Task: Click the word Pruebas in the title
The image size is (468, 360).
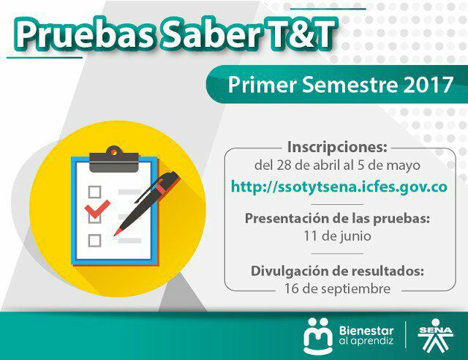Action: (84, 35)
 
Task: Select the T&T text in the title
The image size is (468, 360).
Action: (298, 34)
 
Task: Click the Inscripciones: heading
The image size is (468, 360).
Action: (337, 146)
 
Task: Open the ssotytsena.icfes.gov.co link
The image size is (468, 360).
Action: (339, 187)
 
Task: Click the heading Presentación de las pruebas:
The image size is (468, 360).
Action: (337, 218)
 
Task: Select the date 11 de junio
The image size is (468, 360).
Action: (337, 236)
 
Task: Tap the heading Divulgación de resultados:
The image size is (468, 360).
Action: (337, 271)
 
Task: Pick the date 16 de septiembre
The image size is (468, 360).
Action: (337, 288)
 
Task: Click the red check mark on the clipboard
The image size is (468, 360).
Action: (97, 209)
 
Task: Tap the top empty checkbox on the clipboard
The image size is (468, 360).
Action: (94, 192)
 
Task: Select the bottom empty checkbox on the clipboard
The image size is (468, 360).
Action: (94, 240)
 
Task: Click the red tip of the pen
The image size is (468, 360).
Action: (117, 232)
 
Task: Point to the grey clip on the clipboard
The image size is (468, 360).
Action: (114, 160)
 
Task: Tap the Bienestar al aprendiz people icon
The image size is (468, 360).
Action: (318, 336)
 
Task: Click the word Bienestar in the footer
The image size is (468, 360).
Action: (366, 331)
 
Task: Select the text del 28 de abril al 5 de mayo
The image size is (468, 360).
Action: (337, 165)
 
